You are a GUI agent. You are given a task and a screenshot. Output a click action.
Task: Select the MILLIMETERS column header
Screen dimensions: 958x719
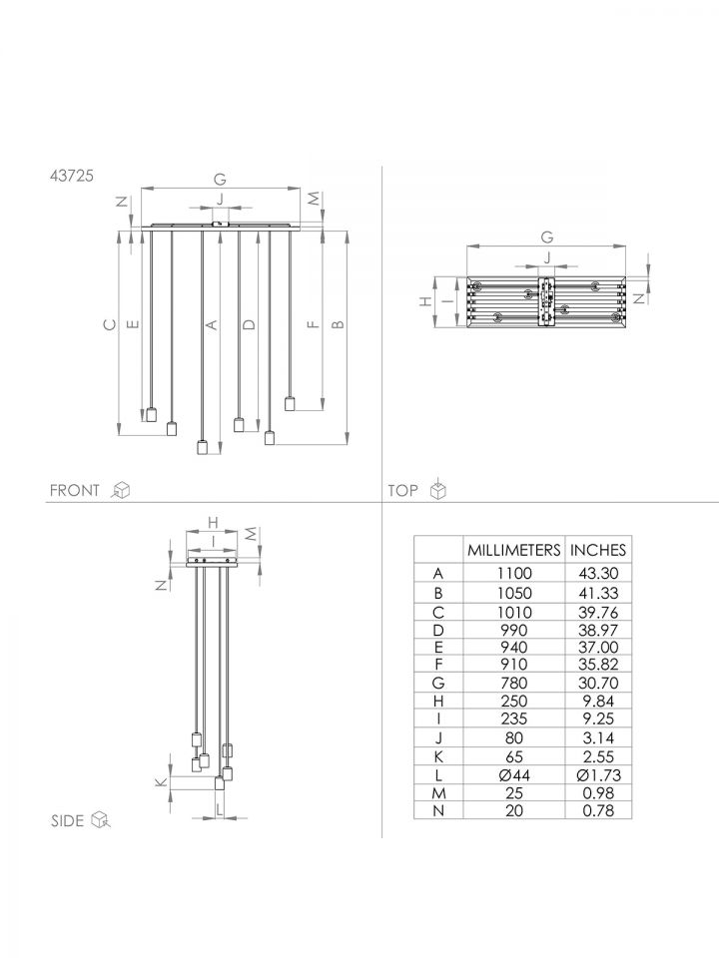click(513, 550)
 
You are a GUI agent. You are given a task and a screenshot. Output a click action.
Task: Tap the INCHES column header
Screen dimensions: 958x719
click(598, 550)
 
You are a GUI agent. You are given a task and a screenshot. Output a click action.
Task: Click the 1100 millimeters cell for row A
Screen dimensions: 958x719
click(513, 573)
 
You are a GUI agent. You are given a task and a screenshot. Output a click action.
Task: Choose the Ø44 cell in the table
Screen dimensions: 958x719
click(513, 775)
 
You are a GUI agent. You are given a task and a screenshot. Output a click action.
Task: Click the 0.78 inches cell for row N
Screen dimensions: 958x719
click(598, 810)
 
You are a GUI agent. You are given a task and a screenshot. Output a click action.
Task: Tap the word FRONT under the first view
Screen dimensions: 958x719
click(75, 490)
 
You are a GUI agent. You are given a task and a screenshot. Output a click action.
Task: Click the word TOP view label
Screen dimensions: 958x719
click(402, 490)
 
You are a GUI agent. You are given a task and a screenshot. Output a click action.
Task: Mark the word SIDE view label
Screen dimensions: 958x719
click(67, 820)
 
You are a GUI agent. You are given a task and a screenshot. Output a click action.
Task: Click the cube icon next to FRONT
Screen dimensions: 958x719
click(122, 489)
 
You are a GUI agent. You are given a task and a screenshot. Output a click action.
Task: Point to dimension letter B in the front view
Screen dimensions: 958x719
click(338, 324)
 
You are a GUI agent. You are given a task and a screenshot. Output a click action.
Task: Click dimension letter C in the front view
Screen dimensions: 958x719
click(110, 324)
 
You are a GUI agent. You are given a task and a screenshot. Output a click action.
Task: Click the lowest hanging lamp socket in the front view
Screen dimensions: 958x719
click(202, 447)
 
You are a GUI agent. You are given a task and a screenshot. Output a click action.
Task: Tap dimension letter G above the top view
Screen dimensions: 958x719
click(546, 238)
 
